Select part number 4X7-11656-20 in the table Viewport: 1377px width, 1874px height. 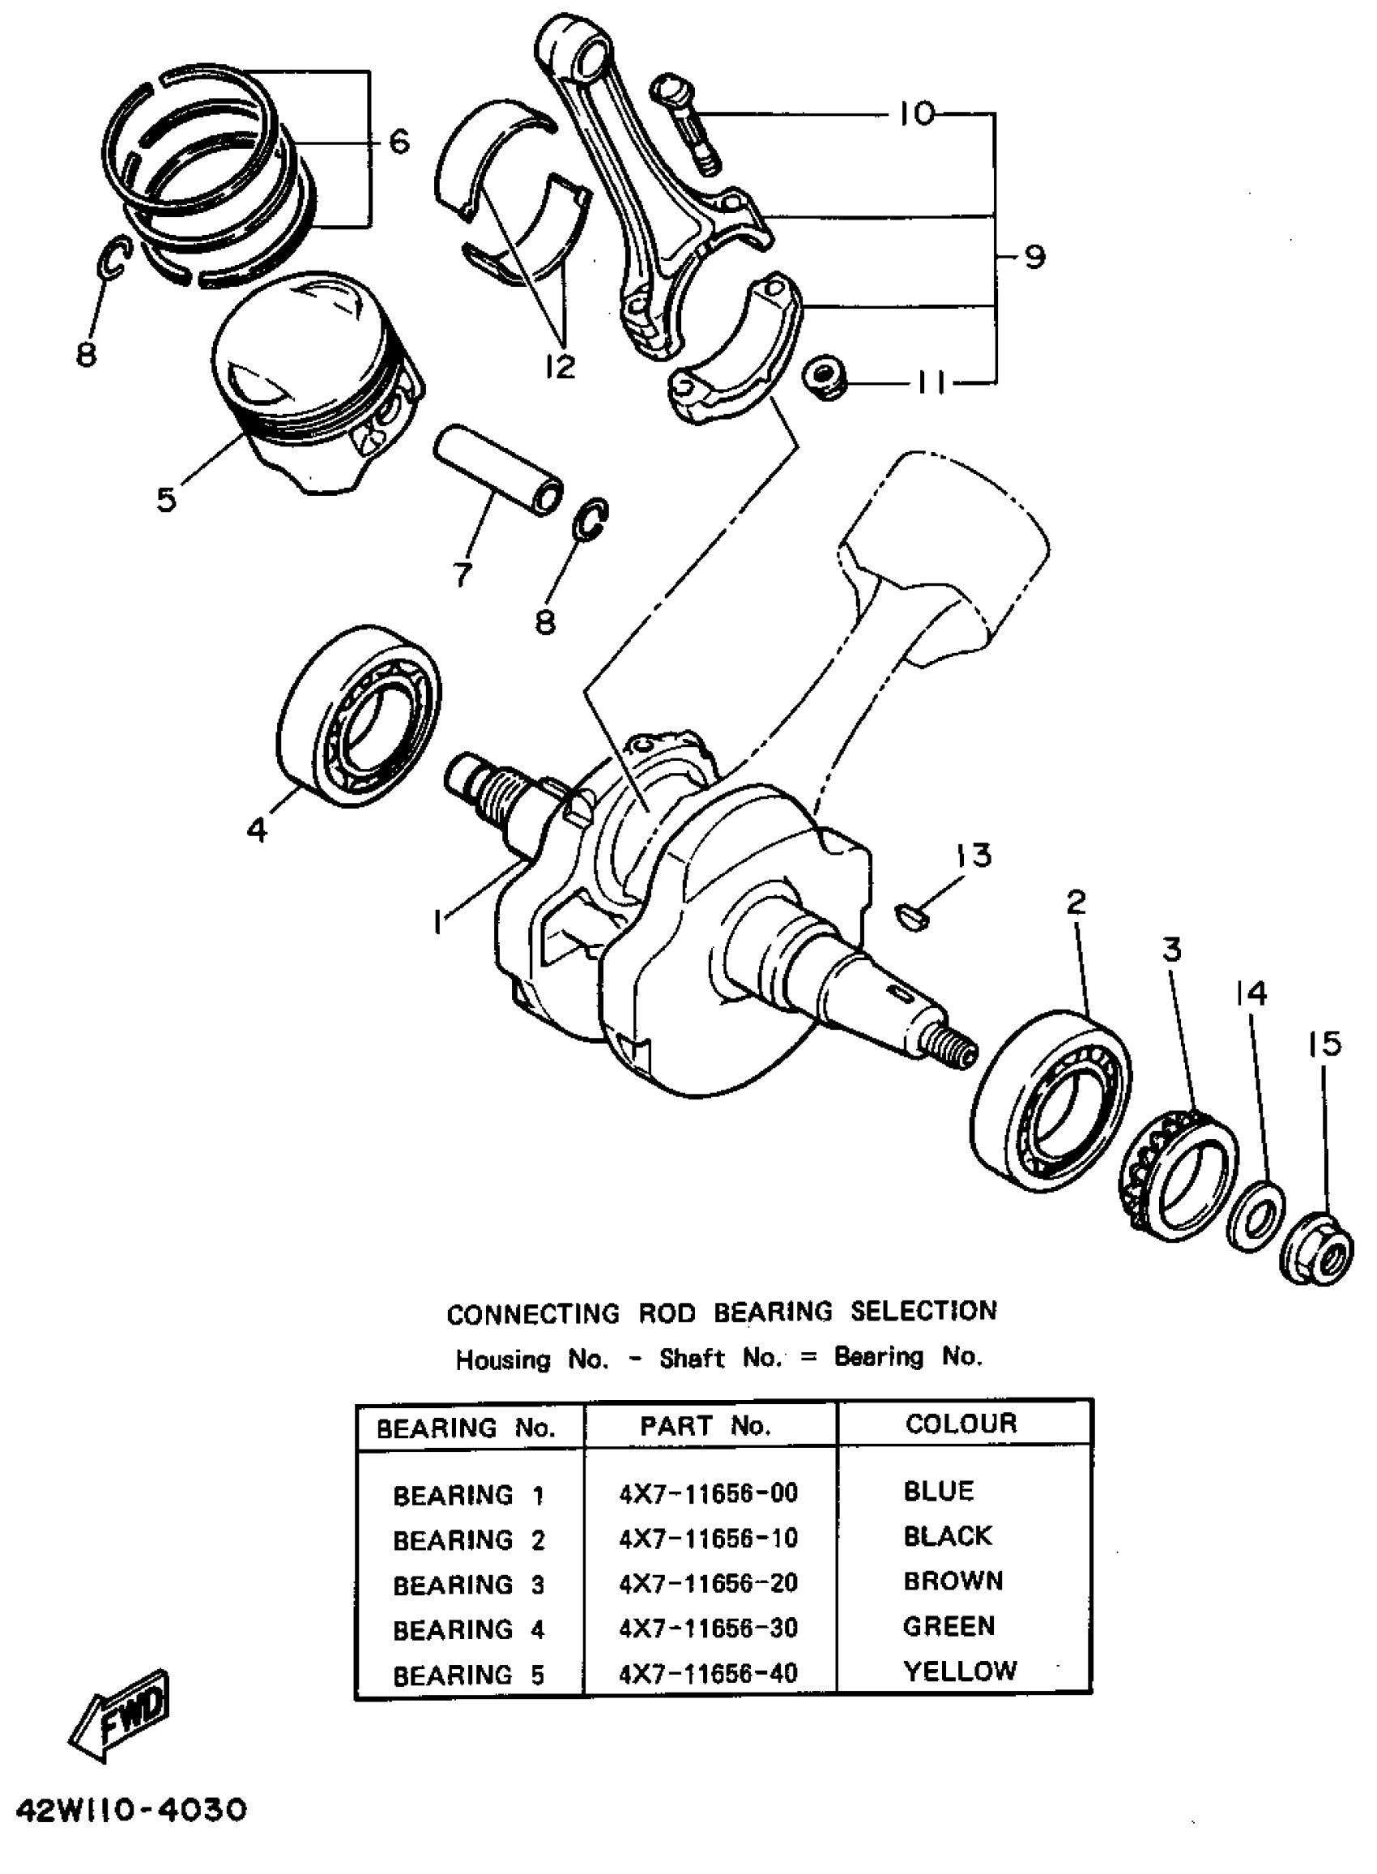[x=709, y=1582]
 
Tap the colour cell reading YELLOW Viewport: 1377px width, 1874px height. [x=960, y=1671]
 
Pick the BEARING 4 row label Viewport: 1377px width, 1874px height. [x=468, y=1628]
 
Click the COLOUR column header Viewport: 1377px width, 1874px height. [x=961, y=1423]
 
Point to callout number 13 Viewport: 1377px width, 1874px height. [x=973, y=855]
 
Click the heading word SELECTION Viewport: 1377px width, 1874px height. [x=923, y=1311]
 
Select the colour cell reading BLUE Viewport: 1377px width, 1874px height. [x=939, y=1491]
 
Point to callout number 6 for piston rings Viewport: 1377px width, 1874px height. [x=399, y=142]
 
